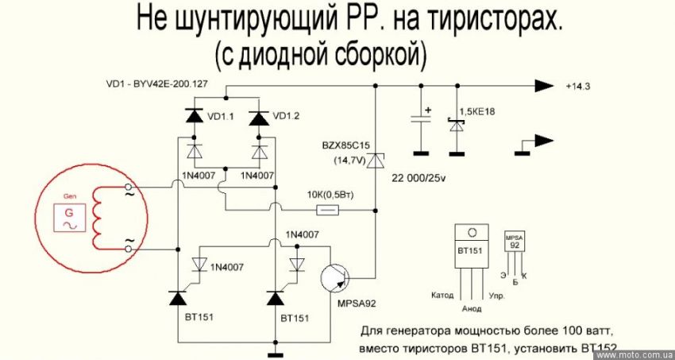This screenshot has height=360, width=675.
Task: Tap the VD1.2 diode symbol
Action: point(257,117)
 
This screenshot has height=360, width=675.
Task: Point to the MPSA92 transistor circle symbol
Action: point(336,279)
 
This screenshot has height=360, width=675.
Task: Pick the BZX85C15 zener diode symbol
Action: point(377,161)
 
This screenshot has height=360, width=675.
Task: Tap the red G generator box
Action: point(68,217)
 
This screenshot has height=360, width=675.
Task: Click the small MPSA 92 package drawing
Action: point(515,242)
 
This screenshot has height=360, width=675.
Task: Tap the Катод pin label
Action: point(443,294)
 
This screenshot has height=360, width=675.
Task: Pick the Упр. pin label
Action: point(499,294)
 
